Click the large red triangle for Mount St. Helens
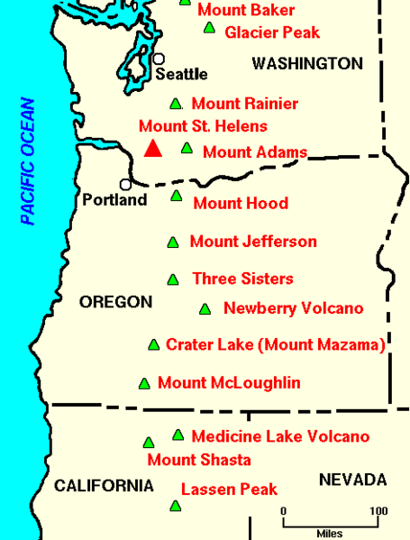coord(153,148)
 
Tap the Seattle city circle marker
coord(159,59)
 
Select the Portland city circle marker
coord(125,184)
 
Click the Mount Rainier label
coord(245,104)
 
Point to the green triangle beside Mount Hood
coord(177,196)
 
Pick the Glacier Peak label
coord(272,32)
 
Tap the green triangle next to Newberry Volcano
coord(205,309)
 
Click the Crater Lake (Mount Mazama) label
coord(276,344)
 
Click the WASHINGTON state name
coord(307,63)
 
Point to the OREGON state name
coord(116,302)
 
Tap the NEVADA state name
coord(352,480)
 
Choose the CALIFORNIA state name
coord(104,486)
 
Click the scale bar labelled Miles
coord(329,522)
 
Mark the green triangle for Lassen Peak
coord(175,506)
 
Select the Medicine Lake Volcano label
coord(280,436)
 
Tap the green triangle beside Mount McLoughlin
coord(144,383)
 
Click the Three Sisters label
coord(242,279)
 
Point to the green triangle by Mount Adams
coord(187,148)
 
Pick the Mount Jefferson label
coord(253,241)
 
